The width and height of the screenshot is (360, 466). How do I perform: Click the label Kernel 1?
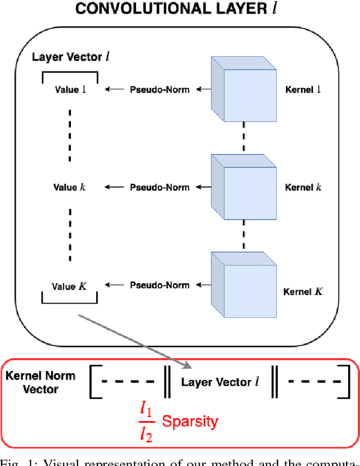click(303, 89)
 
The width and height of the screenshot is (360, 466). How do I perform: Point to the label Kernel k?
click(303, 187)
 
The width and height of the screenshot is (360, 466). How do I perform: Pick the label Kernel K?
click(303, 292)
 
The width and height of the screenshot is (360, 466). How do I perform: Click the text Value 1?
click(70, 89)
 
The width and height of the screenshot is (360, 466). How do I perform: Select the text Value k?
click(70, 187)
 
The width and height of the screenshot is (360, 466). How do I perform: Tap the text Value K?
click(70, 286)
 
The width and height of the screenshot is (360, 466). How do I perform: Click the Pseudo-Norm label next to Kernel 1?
click(160, 89)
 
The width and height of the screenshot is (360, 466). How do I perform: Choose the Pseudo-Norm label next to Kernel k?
click(160, 187)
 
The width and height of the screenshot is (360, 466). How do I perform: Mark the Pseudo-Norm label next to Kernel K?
click(160, 285)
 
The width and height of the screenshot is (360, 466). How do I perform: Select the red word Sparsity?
click(190, 421)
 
